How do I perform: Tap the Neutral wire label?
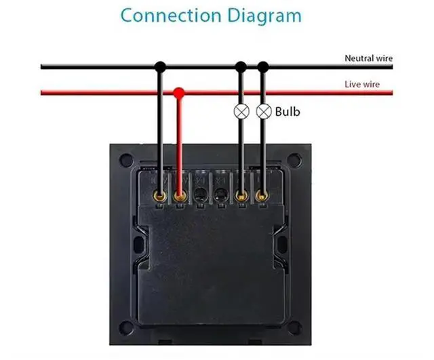(x=368, y=59)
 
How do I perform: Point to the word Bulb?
(x=287, y=111)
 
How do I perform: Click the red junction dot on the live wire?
(x=179, y=92)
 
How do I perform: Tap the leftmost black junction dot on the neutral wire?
(x=159, y=66)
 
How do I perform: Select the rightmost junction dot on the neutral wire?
(x=263, y=66)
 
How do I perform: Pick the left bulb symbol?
(x=240, y=111)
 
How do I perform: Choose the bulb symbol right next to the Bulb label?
(x=263, y=111)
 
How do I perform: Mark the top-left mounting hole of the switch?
(x=126, y=160)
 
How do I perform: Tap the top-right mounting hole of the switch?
(x=294, y=160)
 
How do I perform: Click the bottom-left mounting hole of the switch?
(x=126, y=327)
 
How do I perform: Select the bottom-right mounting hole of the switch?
(x=294, y=327)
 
